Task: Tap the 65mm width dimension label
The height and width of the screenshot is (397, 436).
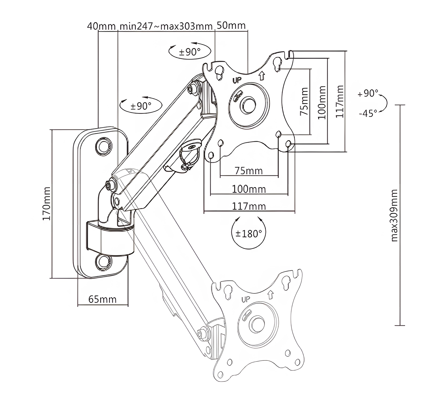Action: point(102,299)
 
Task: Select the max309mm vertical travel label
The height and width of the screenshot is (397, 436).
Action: point(394,215)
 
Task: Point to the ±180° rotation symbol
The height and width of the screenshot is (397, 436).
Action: point(248,233)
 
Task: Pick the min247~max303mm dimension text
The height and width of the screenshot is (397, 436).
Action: point(166,26)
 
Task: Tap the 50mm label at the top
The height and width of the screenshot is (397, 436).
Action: point(231,25)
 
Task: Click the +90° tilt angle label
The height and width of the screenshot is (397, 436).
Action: point(368,94)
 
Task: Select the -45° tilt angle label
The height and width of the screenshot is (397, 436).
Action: point(368,113)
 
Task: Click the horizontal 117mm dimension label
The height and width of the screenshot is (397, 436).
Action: point(249,206)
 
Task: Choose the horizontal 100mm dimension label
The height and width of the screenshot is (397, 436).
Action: point(249,189)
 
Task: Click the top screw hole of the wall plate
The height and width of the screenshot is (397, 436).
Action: point(103,146)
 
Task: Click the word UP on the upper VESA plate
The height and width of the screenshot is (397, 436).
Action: point(237,80)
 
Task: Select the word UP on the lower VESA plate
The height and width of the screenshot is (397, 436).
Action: point(246,299)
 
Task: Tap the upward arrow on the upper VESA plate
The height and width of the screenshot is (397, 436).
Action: point(262,76)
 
